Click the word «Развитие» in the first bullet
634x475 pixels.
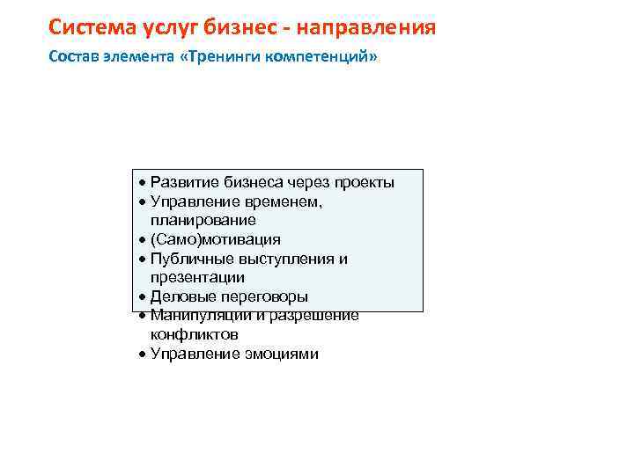click(x=181, y=182)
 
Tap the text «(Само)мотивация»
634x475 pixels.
click(x=215, y=239)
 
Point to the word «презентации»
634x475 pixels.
click(x=197, y=278)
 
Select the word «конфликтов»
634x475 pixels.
click(x=194, y=335)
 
